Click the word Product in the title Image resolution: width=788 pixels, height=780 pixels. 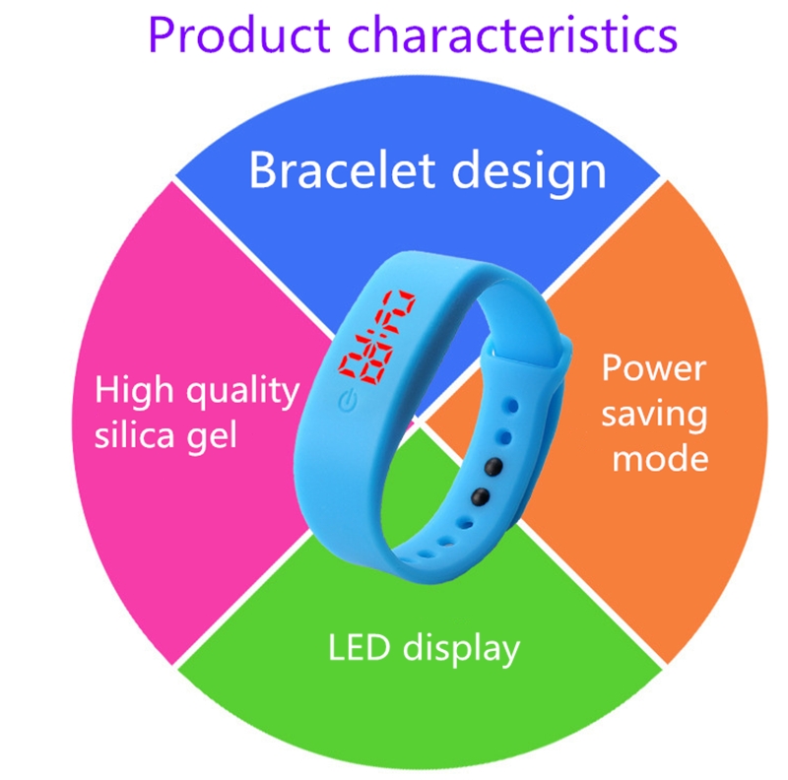239,34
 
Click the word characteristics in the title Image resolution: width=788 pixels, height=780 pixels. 512,34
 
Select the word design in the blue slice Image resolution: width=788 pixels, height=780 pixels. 529,173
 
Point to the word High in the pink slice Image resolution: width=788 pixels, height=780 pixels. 134,388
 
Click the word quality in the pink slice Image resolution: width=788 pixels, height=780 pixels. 243,392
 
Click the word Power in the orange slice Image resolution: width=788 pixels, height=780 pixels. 654,368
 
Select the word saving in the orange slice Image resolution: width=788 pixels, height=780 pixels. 654,416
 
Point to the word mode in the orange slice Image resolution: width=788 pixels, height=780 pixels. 660,458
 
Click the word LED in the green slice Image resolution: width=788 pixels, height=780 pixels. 359,647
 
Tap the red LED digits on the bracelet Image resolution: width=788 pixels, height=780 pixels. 377,335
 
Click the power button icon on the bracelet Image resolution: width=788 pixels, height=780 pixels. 348,401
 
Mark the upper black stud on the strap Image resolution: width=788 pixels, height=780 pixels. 493,467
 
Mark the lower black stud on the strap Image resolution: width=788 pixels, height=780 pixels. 480,496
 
